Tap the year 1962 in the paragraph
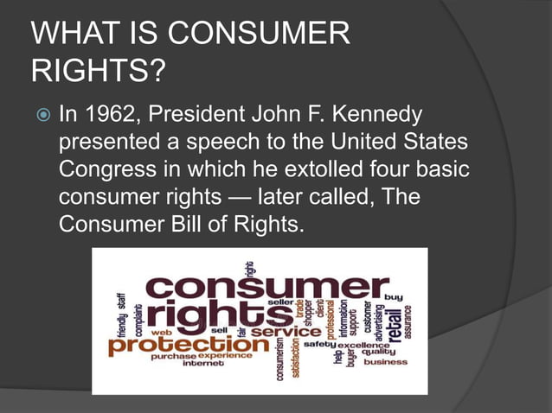coord(110,115)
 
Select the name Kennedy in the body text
coord(388,115)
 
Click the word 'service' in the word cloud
coord(287,332)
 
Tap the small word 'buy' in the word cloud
coord(394,296)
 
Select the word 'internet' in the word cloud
coord(204,363)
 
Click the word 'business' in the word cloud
coord(385,362)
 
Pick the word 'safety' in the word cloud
coord(318,345)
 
